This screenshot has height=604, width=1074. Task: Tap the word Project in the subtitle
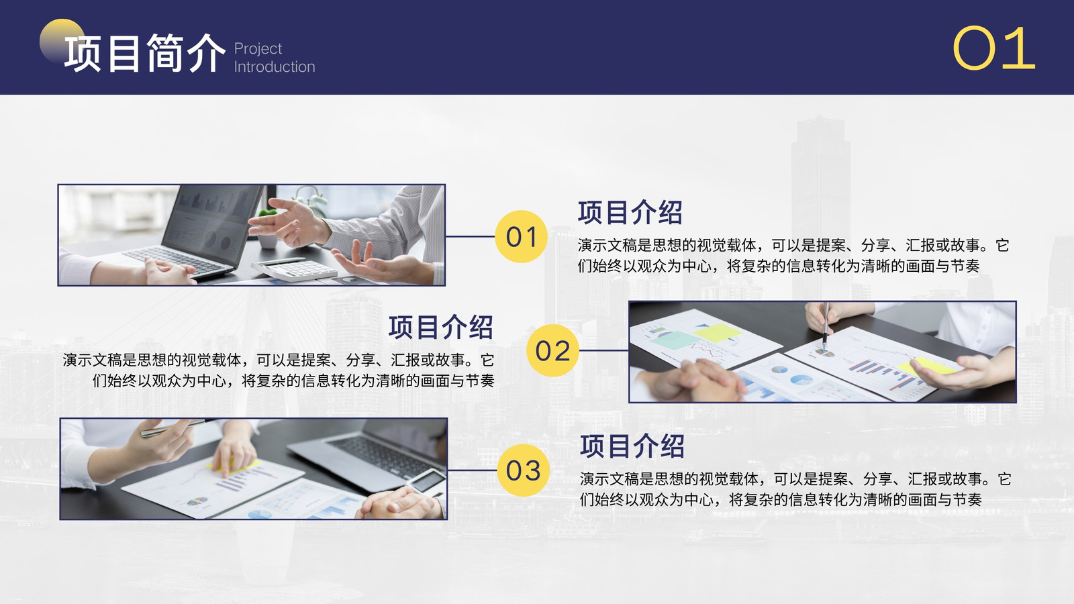[x=258, y=49]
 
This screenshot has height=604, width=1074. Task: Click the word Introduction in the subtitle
[x=275, y=66]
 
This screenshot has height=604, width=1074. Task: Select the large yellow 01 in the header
[x=993, y=48]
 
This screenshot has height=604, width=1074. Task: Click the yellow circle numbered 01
[x=521, y=236]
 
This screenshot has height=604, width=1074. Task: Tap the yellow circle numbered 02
[x=553, y=350]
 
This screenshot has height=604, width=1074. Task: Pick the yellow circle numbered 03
[x=523, y=470]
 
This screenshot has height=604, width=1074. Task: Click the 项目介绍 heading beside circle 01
[x=630, y=212]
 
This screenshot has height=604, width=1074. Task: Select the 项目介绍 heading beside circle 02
[x=440, y=328]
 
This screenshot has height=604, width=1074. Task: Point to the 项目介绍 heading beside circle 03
[x=632, y=446]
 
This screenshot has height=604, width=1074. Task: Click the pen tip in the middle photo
[x=825, y=347]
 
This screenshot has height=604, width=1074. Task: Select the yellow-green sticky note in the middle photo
[x=717, y=332]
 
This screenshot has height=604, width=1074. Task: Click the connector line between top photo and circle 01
[x=471, y=236]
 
